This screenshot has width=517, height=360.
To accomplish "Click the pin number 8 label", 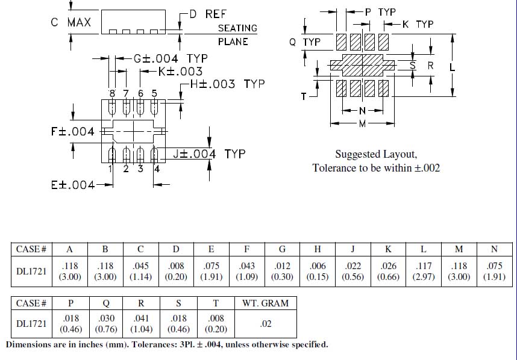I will click(x=112, y=93).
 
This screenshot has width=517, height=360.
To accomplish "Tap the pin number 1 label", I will click(x=111, y=169).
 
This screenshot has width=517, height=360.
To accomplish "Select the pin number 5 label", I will click(x=154, y=93).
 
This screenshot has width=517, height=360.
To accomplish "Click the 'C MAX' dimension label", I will click(x=71, y=23).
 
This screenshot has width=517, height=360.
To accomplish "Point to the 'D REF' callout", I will click(x=207, y=14).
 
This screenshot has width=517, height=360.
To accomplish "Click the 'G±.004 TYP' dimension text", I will click(x=163, y=58).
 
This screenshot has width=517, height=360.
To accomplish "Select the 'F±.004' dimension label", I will click(x=73, y=131).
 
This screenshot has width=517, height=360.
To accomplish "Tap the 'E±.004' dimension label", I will click(x=73, y=185).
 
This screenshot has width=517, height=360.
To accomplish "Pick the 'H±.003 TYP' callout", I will click(x=227, y=84).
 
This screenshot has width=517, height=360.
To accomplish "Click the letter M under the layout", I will click(x=362, y=123).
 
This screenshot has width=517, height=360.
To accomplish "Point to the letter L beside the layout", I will click(x=452, y=67).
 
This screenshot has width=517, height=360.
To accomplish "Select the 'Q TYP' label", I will click(x=305, y=42).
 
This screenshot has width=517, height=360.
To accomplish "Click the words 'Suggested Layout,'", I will click(x=376, y=154).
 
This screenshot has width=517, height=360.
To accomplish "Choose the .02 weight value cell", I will click(x=265, y=324).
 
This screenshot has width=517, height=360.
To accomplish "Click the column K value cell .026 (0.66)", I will click(x=388, y=271).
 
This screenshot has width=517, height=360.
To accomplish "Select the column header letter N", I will click(x=495, y=249).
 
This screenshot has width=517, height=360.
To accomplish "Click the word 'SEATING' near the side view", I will click(x=237, y=28).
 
